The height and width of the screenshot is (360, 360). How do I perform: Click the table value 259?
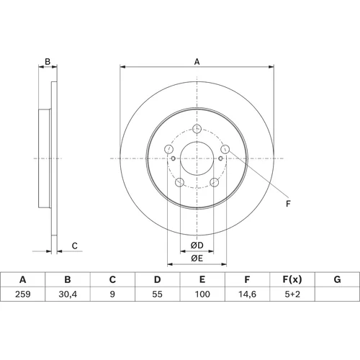point(23,294)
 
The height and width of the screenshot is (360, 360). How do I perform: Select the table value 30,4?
point(68,294)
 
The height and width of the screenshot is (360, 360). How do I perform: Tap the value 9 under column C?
point(112,294)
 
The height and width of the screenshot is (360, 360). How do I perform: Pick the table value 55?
point(157,294)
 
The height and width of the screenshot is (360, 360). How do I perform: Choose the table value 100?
point(202,294)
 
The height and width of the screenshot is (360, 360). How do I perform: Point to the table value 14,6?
point(247,294)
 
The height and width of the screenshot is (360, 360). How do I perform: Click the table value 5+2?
point(292,294)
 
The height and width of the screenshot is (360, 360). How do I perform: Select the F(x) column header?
point(292,279)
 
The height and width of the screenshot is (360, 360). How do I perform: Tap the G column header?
point(337,279)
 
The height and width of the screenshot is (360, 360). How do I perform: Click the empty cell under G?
point(337,294)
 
